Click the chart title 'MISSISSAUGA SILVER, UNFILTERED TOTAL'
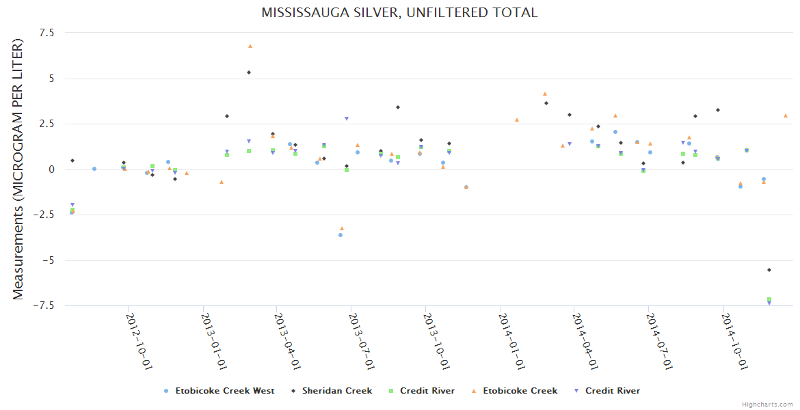pyautogui.click(x=399, y=13)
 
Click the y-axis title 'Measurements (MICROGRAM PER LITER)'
pyautogui.click(x=18, y=169)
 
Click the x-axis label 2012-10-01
pyautogui.click(x=139, y=342)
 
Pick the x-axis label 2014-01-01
pyautogui.click(x=512, y=342)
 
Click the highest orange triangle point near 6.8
pyautogui.click(x=250, y=46)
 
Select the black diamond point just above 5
pyautogui.click(x=249, y=72)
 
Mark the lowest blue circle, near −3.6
pyautogui.click(x=341, y=235)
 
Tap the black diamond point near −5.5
pyautogui.click(x=769, y=270)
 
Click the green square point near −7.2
pyautogui.click(x=769, y=299)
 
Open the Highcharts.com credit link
pyautogui.click(x=767, y=405)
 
